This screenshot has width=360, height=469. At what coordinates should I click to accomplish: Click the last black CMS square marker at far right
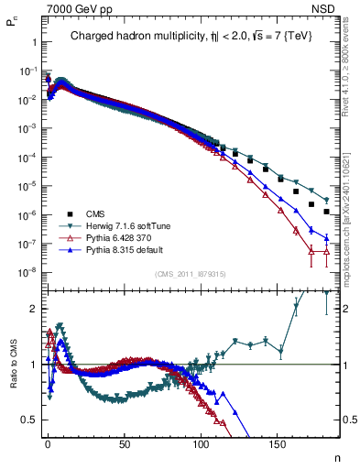pos(327,212)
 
